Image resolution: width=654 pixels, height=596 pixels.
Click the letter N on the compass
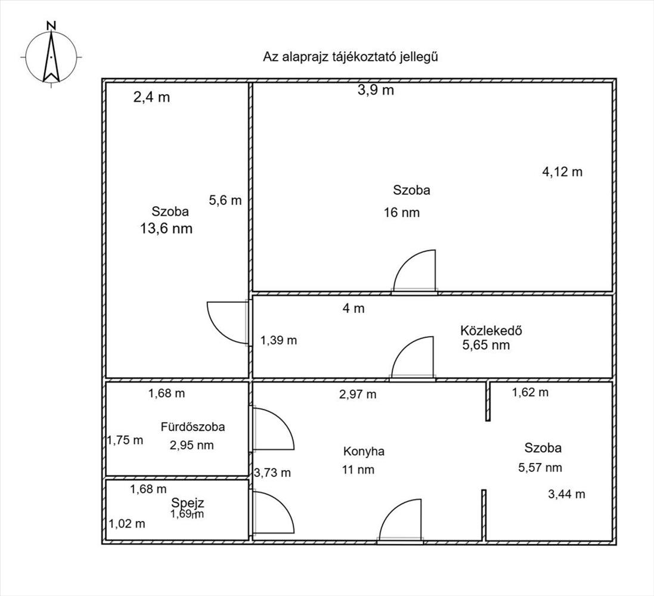[51, 26]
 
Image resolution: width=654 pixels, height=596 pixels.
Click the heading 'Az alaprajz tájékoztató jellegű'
[351, 57]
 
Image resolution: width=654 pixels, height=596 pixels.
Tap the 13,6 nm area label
[166, 228]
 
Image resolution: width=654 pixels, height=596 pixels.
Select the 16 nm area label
[402, 213]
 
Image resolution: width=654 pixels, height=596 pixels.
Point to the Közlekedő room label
[491, 330]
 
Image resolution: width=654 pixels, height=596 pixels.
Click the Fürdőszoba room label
[193, 427]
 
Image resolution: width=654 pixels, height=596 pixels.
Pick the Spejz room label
[188, 503]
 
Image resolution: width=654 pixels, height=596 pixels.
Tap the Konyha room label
[364, 451]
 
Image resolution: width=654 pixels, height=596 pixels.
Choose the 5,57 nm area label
[540, 467]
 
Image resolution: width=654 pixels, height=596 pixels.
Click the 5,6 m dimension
[225, 200]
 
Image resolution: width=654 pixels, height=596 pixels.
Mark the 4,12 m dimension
[562, 172]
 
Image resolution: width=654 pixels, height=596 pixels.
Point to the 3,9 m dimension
[376, 89]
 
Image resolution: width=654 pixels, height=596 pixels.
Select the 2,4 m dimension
[151, 97]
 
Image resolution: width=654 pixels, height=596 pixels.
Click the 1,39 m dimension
[278, 340]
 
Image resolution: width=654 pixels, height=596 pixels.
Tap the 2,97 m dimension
[358, 394]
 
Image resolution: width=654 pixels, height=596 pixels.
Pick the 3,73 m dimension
[272, 473]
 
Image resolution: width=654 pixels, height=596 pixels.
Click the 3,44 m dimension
[566, 494]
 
